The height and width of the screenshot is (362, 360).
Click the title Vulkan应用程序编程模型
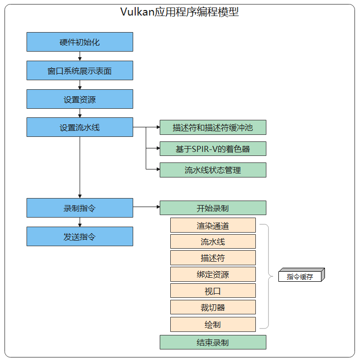click(180, 13)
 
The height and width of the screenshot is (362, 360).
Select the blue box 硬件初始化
click(80, 42)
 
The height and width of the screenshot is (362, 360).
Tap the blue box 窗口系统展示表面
click(80, 71)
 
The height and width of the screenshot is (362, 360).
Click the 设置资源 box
click(80, 99)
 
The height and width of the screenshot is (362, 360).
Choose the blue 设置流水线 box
click(80, 127)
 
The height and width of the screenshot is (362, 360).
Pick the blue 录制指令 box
click(80, 208)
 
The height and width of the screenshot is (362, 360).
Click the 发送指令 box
click(80, 236)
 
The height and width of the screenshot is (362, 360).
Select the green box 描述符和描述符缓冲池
click(213, 127)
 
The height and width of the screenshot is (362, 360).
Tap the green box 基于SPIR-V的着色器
click(213, 149)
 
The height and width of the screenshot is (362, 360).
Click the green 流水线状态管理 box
click(213, 170)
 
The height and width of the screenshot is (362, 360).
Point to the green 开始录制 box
click(213, 208)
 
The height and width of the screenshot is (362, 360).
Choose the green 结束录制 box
click(213, 342)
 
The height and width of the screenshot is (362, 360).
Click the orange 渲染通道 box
click(213, 225)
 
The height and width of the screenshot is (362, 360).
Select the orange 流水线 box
click(213, 242)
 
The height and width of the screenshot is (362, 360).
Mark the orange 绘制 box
click(213, 324)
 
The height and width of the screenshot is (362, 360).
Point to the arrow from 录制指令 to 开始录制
click(146, 207)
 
